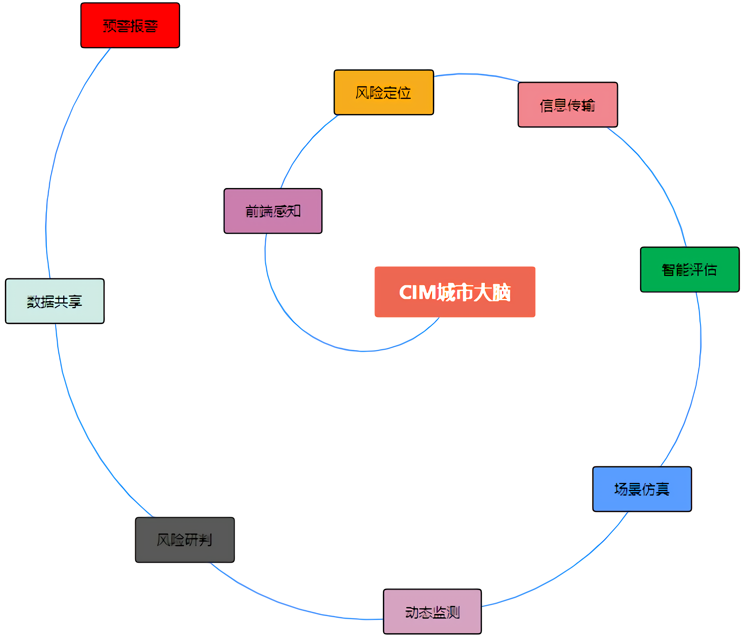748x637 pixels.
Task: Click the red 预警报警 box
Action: [130, 25]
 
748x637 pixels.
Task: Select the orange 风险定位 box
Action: [383, 93]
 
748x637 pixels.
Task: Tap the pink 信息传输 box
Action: [567, 105]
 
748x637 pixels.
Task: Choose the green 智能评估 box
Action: [690, 269]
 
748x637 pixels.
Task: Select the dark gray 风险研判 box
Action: [185, 540]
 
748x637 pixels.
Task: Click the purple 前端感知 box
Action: [273, 211]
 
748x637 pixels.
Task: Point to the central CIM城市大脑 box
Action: [455, 292]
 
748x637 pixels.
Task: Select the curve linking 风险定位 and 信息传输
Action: [476, 74]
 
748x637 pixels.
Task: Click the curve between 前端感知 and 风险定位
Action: [302, 150]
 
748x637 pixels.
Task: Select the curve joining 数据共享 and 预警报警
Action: [56, 154]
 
